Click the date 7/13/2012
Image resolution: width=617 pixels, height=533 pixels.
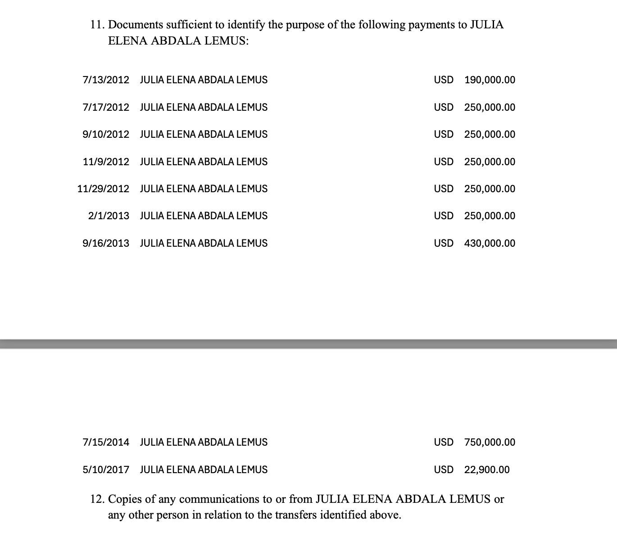(x=106, y=80)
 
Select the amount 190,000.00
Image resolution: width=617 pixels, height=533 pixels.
(x=490, y=80)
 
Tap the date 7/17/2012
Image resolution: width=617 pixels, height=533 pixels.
(x=106, y=108)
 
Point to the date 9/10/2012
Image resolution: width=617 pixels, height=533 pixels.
(x=106, y=135)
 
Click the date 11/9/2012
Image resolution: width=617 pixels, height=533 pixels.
(x=106, y=162)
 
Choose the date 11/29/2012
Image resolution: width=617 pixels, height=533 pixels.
(x=103, y=189)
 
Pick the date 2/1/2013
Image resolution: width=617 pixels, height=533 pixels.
(x=109, y=216)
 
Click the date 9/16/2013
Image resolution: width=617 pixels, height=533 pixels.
(x=106, y=244)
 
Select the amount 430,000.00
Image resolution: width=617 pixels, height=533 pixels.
(x=490, y=244)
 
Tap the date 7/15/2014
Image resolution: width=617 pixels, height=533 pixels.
(x=106, y=443)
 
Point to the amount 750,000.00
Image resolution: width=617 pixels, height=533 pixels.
(x=490, y=443)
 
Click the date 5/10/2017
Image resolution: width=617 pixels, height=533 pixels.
(x=106, y=470)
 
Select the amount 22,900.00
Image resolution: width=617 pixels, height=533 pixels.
(x=487, y=470)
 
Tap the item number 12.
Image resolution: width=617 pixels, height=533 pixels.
(x=97, y=499)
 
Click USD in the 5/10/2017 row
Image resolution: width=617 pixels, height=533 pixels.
(x=444, y=470)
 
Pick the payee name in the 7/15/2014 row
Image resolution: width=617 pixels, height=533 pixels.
(x=204, y=443)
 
